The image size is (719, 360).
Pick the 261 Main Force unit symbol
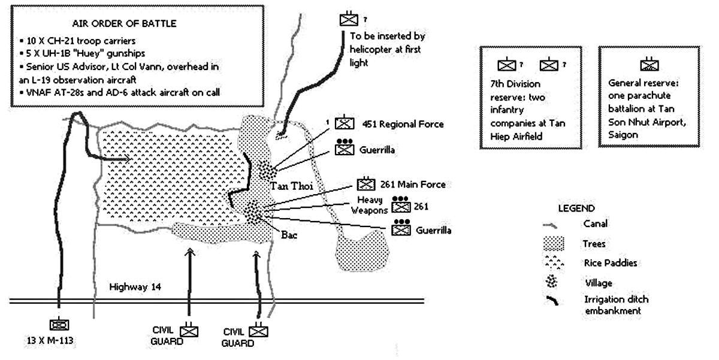coord(365,184)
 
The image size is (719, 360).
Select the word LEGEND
coord(576,208)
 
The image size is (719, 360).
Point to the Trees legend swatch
coord(557,243)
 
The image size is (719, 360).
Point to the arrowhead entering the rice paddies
coord(128,159)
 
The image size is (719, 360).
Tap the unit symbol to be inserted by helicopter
coord(348,19)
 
